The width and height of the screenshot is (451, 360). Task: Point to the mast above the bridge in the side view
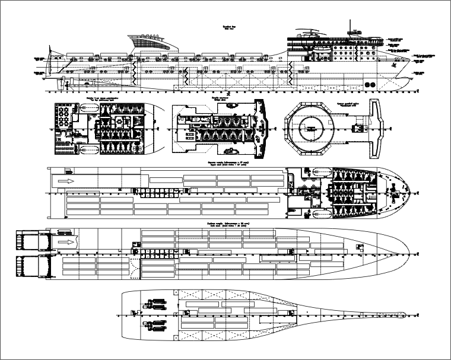(352, 27)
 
